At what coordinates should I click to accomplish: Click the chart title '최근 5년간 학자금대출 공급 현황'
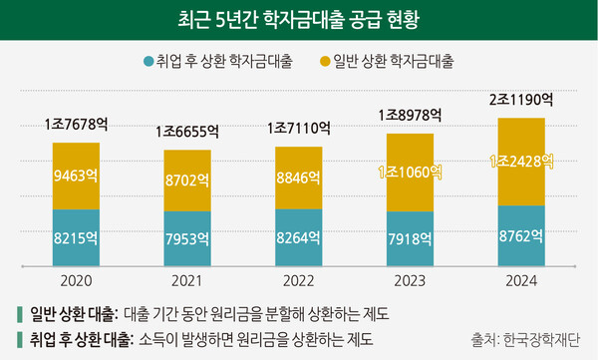point(299,18)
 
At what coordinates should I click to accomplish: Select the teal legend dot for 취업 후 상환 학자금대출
point(149,62)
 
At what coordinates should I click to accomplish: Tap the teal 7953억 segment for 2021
point(187,238)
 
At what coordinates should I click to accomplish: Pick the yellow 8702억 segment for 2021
point(187,180)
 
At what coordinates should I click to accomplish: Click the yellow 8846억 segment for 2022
point(298,179)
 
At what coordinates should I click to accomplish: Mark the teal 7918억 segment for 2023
point(410,238)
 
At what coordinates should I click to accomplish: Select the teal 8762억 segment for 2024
point(521,235)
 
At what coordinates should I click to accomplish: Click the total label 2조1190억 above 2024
point(521,100)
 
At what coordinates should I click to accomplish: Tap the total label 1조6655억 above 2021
point(187,132)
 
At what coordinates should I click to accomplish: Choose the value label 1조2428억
point(521,162)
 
